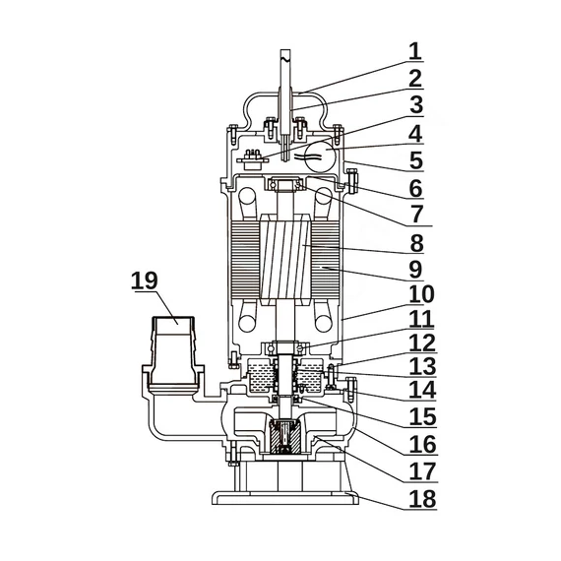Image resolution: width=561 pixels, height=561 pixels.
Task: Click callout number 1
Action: pyautogui.click(x=415, y=51)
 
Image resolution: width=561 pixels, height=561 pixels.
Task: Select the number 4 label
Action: pyautogui.click(x=415, y=134)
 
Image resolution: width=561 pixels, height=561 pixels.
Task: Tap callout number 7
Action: pyautogui.click(x=416, y=215)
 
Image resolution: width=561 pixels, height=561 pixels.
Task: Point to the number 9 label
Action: pyautogui.click(x=415, y=270)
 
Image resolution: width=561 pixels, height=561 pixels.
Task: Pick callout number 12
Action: pyautogui.click(x=422, y=343)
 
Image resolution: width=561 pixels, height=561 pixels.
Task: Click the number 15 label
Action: pyautogui.click(x=422, y=416)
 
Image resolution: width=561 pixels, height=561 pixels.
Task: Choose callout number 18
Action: pyautogui.click(x=422, y=498)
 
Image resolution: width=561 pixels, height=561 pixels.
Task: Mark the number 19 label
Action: pyautogui.click(x=144, y=280)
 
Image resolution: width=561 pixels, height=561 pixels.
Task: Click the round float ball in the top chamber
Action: pyautogui.click(x=320, y=156)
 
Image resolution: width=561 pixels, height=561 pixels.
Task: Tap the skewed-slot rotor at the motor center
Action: pyautogui.click(x=285, y=259)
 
